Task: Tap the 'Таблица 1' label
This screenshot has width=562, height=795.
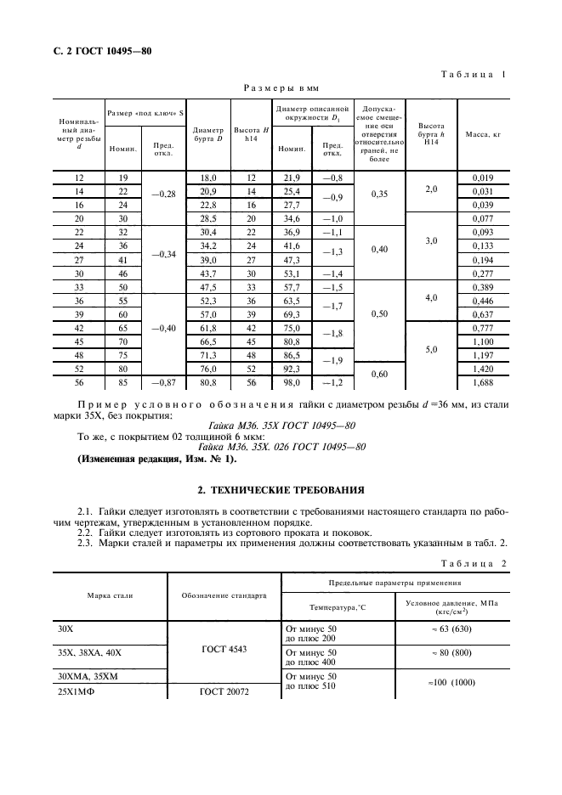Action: (474, 76)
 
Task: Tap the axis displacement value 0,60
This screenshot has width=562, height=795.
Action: (380, 375)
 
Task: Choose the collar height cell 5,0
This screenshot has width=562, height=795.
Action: (432, 349)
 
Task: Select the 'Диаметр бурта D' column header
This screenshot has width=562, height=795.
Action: (208, 134)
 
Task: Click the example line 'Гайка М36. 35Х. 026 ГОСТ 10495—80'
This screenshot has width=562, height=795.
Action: (281, 447)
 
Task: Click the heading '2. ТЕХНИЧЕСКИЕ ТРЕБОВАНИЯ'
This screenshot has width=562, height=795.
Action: (281, 490)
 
